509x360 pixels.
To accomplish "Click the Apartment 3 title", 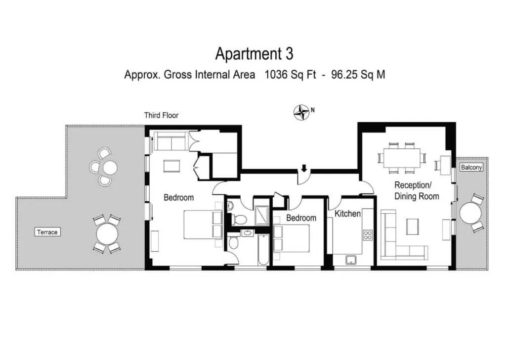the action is pyautogui.click(x=254, y=54).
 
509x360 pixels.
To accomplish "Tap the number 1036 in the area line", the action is pyautogui.click(x=276, y=75).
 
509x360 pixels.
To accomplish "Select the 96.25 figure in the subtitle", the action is pyautogui.click(x=344, y=75).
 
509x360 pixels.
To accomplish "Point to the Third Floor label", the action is pyautogui.click(x=161, y=115).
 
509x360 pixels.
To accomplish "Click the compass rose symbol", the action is pyautogui.click(x=301, y=113).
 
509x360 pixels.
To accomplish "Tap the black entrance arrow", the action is pyautogui.click(x=304, y=168).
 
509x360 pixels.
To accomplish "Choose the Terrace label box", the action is pyautogui.click(x=47, y=232).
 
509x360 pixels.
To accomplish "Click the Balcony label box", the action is pyautogui.click(x=471, y=167).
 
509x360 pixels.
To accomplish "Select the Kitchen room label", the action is pyautogui.click(x=347, y=214).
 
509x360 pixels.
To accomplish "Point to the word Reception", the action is pyautogui.click(x=413, y=185).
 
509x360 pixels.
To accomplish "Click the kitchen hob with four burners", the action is pyautogui.click(x=368, y=235).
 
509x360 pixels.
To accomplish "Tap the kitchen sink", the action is pyautogui.click(x=351, y=260).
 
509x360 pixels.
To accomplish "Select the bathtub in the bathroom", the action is pyautogui.click(x=263, y=249).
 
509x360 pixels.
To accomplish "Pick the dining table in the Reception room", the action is pyautogui.click(x=402, y=158).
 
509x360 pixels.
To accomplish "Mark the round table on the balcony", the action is pyautogui.click(x=470, y=213).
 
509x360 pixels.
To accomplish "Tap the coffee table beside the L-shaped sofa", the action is pyautogui.click(x=412, y=226).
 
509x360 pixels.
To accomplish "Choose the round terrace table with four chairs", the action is pyautogui.click(x=107, y=234).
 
